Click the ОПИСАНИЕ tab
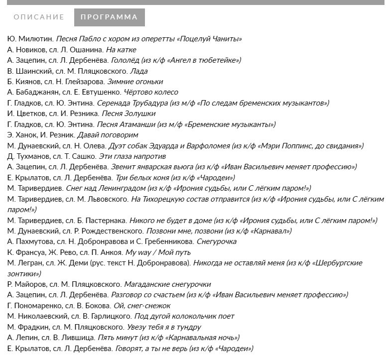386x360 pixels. click(39, 17)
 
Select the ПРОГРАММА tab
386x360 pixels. click(109, 17)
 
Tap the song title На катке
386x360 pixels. click(121, 50)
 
